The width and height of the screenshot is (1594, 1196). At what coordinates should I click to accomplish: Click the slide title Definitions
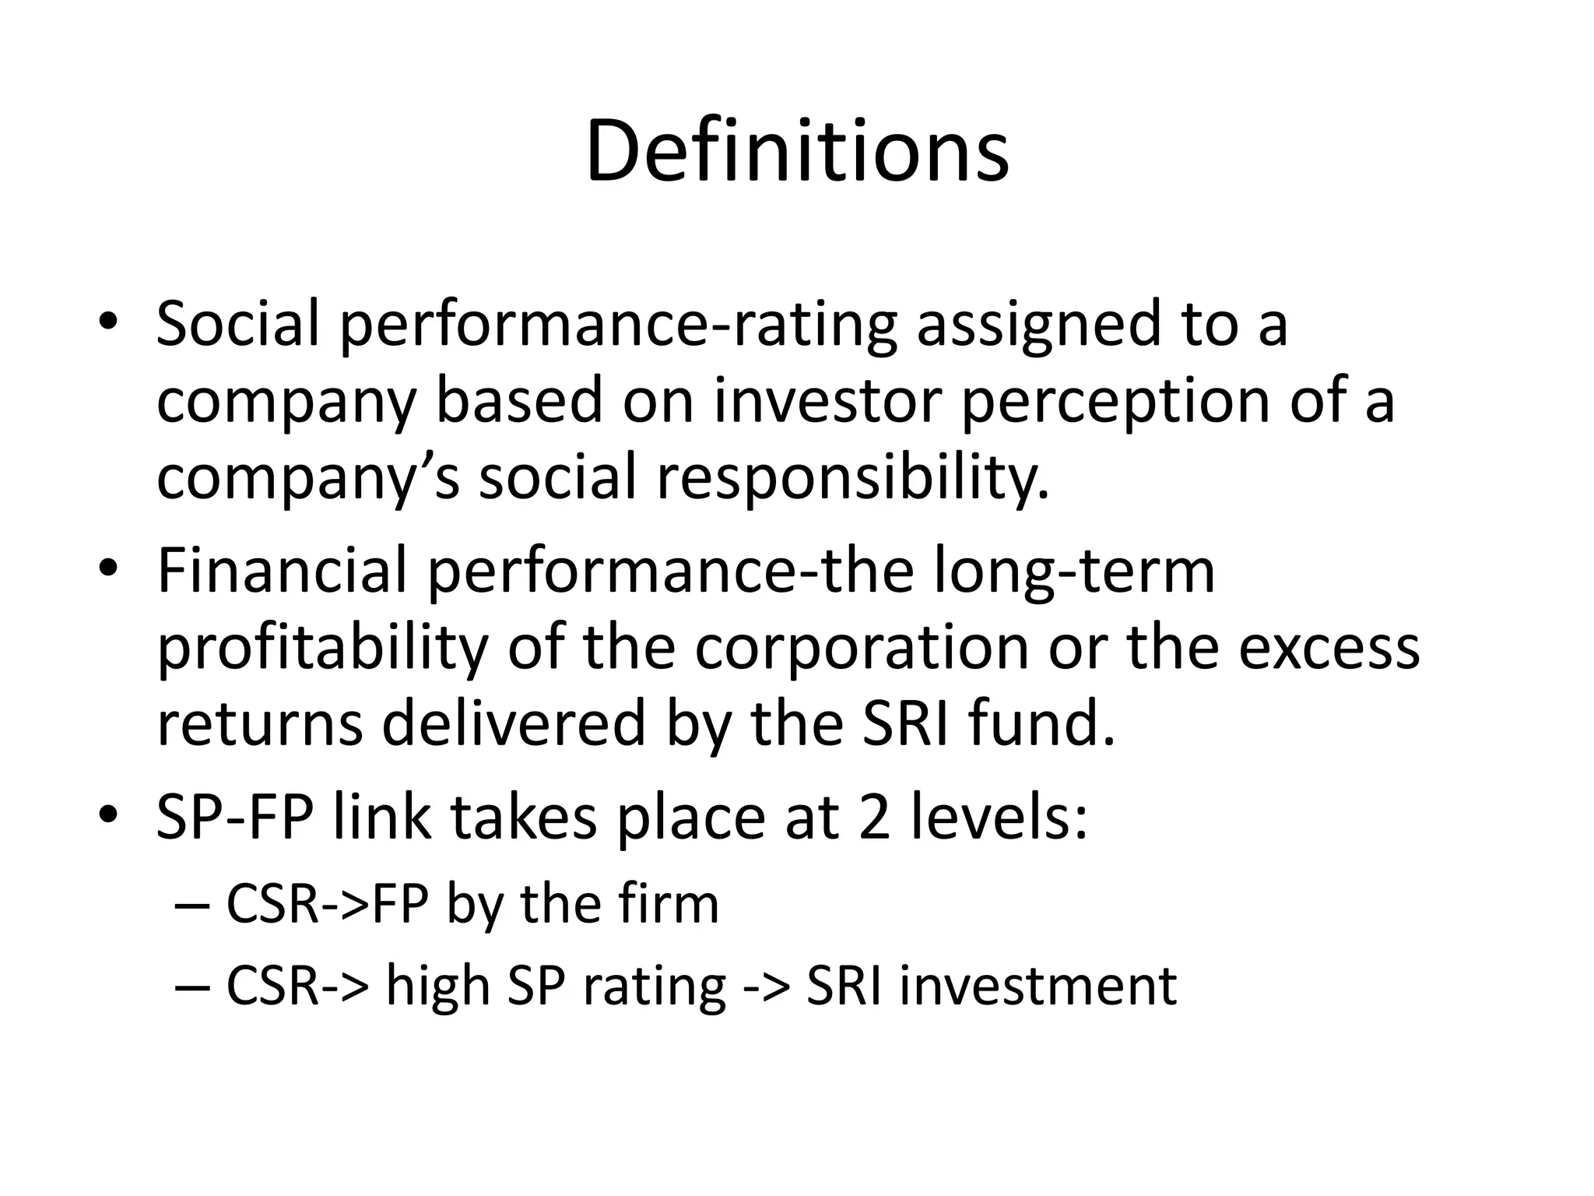pos(797,151)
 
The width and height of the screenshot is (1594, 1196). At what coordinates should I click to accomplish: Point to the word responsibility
pos(852,478)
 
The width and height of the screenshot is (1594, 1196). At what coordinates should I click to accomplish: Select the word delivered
pos(514,723)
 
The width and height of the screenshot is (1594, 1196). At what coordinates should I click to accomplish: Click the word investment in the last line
pos(1038,986)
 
